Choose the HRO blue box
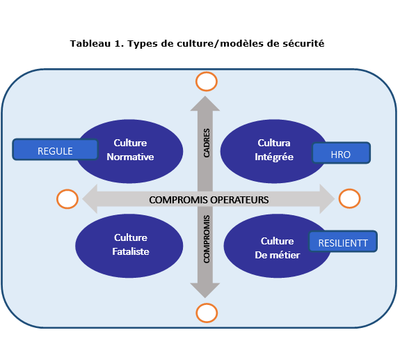pos(342,153)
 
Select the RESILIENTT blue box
pos(343,242)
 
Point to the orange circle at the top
pos(206,82)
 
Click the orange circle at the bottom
pos(206,312)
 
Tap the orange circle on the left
pos(67,199)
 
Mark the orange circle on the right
pos(349,198)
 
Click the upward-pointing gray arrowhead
pos(206,102)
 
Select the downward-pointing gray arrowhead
pos(206,290)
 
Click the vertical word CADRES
pos(207,142)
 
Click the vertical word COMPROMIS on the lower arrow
pos(207,238)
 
